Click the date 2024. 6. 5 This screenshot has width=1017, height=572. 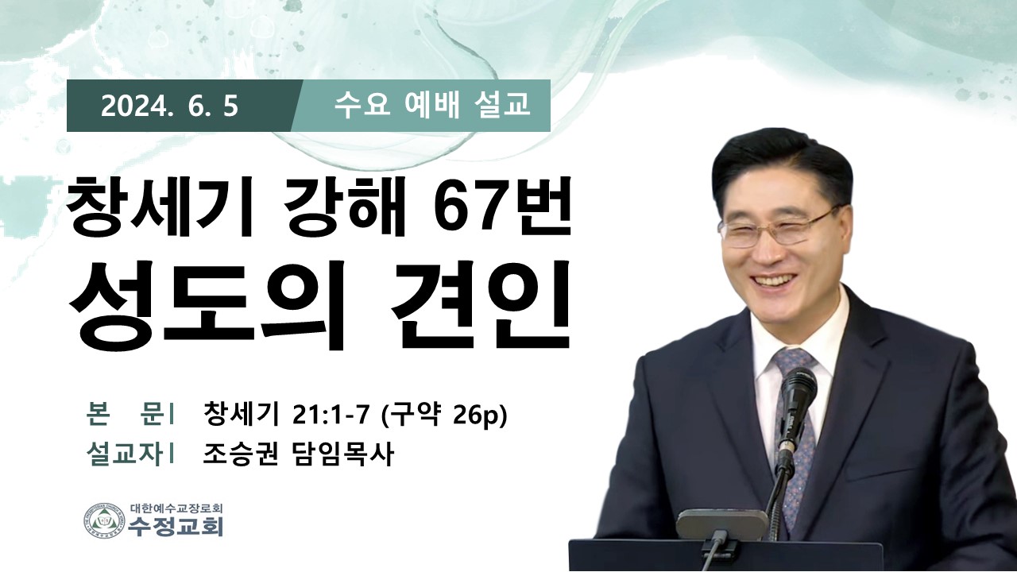(x=169, y=106)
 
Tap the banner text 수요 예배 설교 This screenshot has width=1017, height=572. (x=431, y=106)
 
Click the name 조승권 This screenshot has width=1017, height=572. (x=240, y=454)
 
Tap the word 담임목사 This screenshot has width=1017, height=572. (x=341, y=454)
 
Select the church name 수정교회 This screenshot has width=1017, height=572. (x=176, y=527)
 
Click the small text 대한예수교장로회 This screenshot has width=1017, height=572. (x=176, y=508)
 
